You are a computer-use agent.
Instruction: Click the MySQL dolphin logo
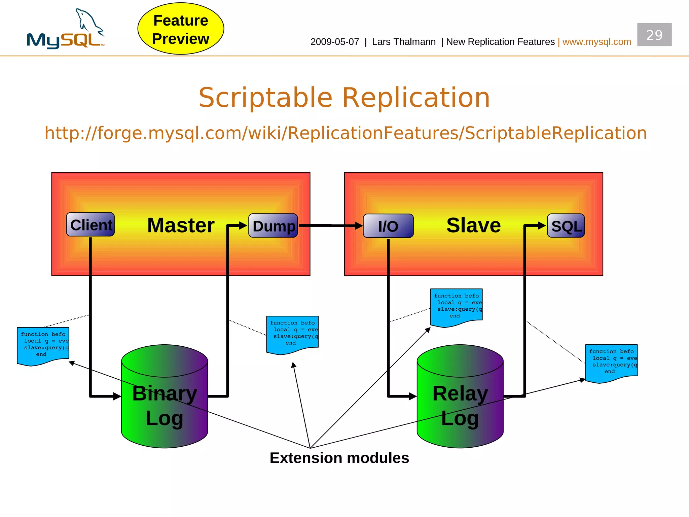click(x=66, y=30)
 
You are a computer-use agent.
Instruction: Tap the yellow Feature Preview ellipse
click(x=181, y=29)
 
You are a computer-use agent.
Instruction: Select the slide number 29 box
click(x=654, y=35)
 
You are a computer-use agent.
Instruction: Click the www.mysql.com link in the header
click(x=596, y=42)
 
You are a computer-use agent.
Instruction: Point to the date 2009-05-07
click(x=334, y=42)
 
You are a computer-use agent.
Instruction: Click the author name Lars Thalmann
click(x=404, y=42)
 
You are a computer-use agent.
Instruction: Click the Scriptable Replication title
click(x=344, y=97)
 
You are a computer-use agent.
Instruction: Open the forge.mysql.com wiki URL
click(x=346, y=133)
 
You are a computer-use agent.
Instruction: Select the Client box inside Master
click(x=90, y=225)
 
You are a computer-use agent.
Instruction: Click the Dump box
click(x=273, y=226)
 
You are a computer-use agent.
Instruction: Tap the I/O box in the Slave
click(x=388, y=226)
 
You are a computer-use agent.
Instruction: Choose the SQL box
click(x=566, y=226)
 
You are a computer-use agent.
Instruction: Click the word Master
click(x=181, y=225)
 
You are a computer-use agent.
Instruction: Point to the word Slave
click(x=473, y=225)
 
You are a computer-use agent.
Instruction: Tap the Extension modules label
click(x=339, y=458)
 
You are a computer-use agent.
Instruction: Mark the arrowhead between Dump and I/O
click(x=359, y=226)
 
